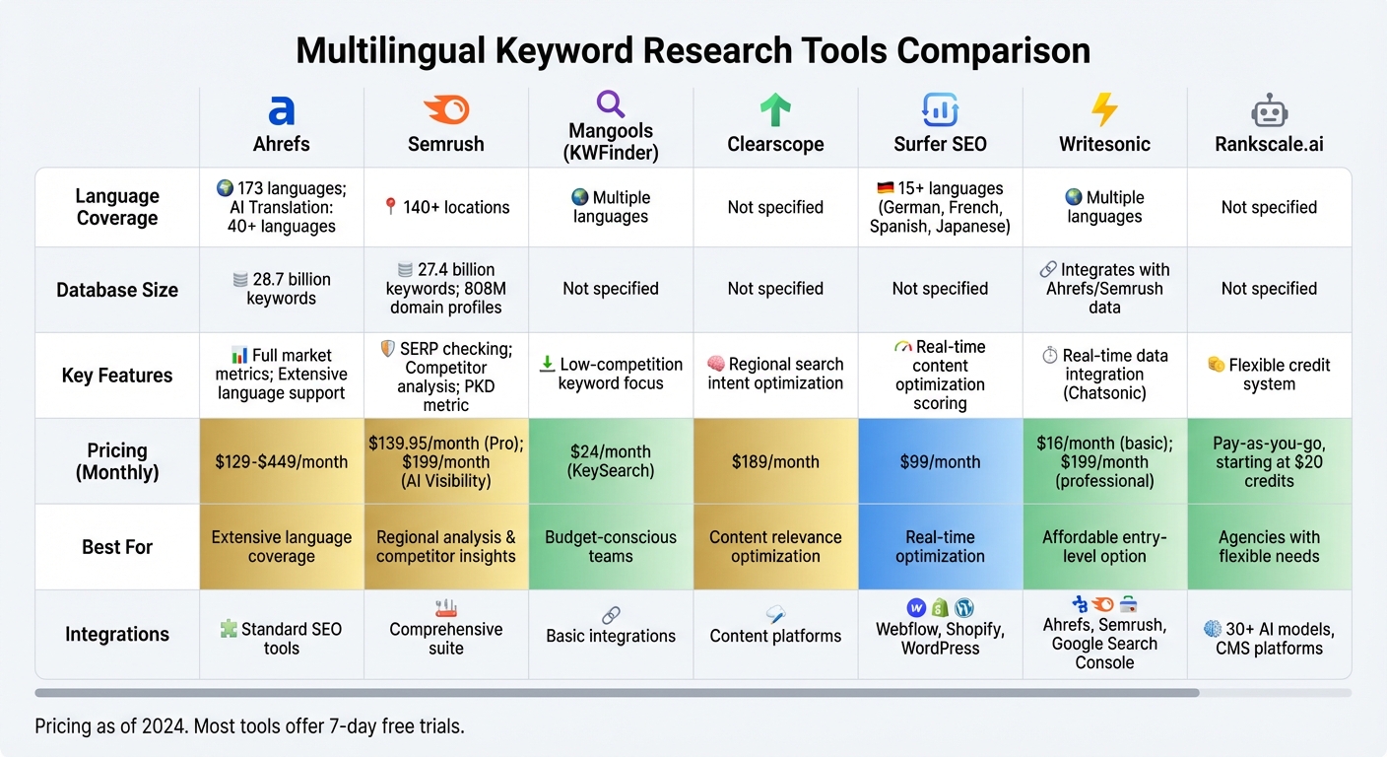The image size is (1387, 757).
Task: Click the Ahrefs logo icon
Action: tap(282, 109)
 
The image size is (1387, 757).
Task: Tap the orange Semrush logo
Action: tap(445, 109)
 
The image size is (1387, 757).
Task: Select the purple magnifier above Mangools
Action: tap(611, 103)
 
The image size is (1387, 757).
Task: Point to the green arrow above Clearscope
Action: tap(775, 109)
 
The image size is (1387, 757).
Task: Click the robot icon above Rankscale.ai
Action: tap(1269, 109)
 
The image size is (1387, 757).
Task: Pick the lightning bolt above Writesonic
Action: tap(1104, 109)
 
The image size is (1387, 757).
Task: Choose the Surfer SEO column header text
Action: tap(940, 144)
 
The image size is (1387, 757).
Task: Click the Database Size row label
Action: tap(117, 290)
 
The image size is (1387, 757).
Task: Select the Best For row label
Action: tap(117, 546)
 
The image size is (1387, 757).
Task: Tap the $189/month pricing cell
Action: tap(775, 461)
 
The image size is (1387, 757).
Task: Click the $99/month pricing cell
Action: tap(940, 461)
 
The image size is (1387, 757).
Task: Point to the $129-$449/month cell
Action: tap(282, 461)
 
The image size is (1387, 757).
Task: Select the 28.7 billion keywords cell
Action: tap(282, 289)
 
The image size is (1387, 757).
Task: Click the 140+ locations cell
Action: tap(446, 207)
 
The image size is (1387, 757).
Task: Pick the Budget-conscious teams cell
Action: tap(611, 546)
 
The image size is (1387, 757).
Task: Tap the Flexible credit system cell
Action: tap(1269, 374)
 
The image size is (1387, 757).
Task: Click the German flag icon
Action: tap(885, 188)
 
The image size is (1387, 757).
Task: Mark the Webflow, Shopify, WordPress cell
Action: tap(940, 638)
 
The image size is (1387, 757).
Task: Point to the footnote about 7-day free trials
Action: tap(249, 726)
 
